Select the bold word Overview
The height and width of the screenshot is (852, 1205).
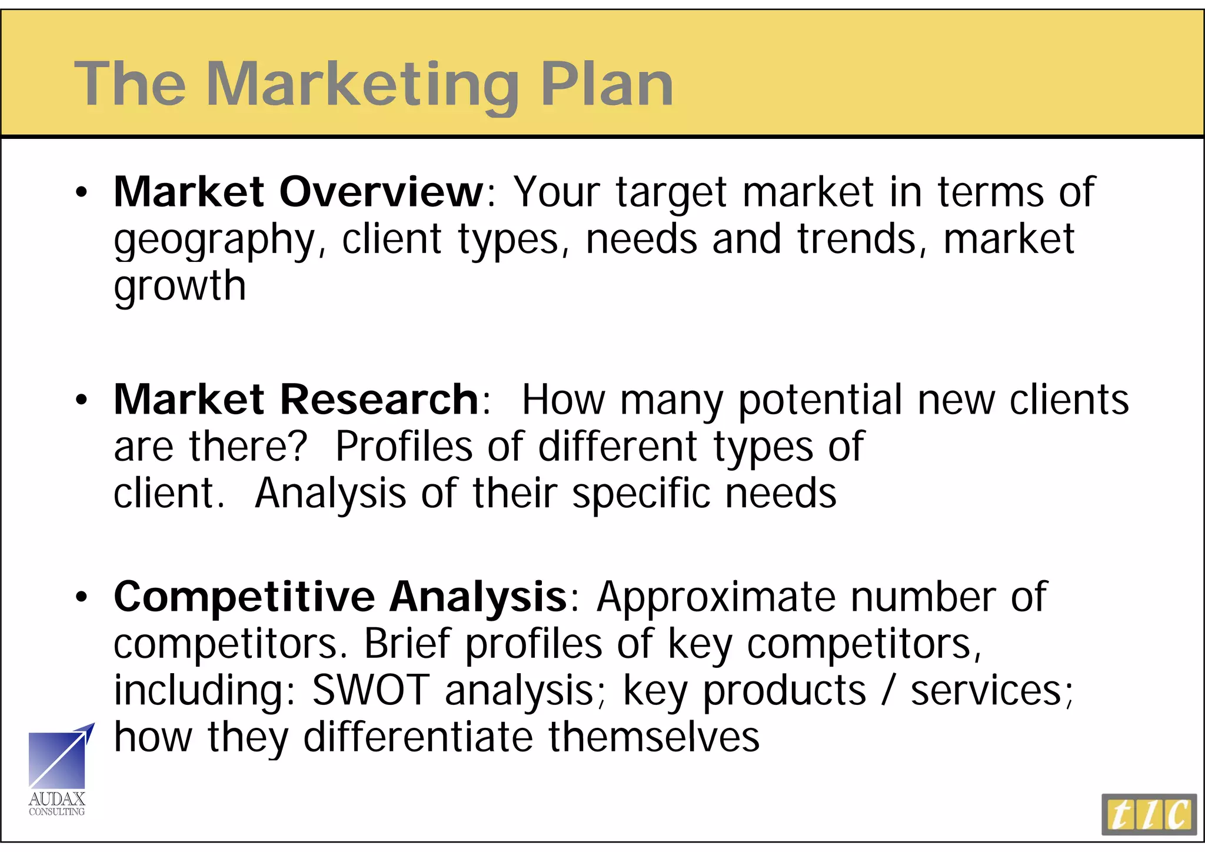[381, 192]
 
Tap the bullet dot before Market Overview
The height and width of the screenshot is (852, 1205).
[81, 192]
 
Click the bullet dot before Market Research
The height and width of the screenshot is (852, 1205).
[81, 400]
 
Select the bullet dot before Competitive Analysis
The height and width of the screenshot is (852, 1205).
[81, 597]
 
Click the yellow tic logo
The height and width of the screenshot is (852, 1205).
[1149, 814]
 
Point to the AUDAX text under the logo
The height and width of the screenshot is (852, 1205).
[57, 799]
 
